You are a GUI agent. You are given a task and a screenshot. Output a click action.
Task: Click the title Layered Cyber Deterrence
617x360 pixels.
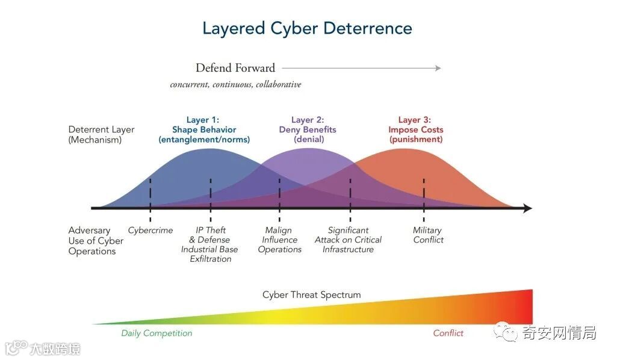coord(307,28)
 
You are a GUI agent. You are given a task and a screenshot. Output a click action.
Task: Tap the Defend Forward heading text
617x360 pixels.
coord(235,68)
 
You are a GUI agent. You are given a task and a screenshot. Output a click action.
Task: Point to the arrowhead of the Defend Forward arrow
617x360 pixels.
coord(438,68)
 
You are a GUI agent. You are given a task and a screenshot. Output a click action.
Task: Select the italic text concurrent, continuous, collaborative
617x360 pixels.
coord(235,85)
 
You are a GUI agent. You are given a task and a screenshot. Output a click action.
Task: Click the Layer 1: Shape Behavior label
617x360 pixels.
coord(204,130)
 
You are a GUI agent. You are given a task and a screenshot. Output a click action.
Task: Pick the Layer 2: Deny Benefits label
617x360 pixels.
coord(308,130)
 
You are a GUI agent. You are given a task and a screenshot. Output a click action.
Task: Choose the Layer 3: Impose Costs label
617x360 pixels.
coord(415,130)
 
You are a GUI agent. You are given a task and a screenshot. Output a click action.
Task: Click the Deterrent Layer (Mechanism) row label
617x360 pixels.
coord(101,135)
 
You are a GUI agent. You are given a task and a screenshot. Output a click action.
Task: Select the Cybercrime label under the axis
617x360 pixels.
coord(150,231)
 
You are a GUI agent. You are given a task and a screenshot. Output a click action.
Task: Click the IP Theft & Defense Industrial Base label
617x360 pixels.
coord(210,244)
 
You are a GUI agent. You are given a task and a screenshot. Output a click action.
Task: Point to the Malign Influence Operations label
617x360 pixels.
coord(279,240)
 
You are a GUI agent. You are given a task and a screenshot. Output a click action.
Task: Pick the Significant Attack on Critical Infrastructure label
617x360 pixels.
coord(348,240)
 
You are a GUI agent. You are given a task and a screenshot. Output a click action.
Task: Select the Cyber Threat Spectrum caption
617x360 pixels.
coord(311,295)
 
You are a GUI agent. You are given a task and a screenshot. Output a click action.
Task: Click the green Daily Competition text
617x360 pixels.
coord(157,334)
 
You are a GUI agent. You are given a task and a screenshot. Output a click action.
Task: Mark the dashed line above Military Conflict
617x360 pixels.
coord(424,193)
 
